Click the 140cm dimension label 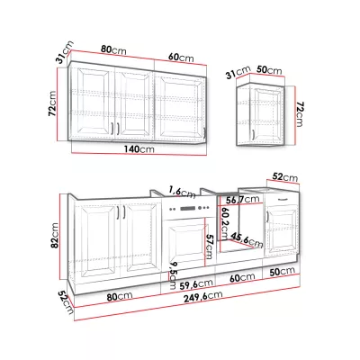coord(139,148)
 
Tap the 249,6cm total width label coord(203,296)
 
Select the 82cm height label coord(55,235)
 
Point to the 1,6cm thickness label coord(182,192)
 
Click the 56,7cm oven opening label coord(243,199)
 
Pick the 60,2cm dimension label coord(223,221)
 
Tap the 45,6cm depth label coord(247,239)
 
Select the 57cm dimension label coord(208,246)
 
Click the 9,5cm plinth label coord(172,275)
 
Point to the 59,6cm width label coord(197,283)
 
